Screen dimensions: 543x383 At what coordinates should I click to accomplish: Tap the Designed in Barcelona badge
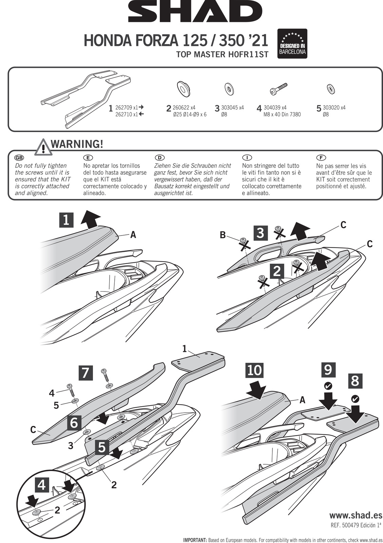click(292, 44)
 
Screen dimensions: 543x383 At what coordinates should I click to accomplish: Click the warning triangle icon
click(43, 147)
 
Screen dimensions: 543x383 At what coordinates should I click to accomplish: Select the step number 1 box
click(66, 220)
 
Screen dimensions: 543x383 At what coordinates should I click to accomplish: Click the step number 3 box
click(261, 233)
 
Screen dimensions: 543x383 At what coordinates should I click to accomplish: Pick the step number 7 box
click(85, 373)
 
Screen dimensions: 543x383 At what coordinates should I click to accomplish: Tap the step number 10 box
click(254, 370)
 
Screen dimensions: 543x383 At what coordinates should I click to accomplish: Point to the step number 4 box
click(41, 485)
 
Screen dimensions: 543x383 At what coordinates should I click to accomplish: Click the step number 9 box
click(328, 370)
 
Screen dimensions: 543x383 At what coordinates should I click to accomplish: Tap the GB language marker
click(19, 158)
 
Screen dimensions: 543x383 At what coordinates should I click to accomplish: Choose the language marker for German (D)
click(159, 158)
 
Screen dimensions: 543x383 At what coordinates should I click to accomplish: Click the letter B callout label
click(223, 235)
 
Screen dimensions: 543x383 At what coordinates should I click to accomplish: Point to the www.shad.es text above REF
click(356, 515)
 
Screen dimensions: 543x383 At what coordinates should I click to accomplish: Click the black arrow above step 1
click(90, 218)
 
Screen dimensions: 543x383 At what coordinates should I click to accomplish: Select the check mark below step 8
click(356, 399)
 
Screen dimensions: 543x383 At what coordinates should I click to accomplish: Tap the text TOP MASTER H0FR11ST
click(222, 55)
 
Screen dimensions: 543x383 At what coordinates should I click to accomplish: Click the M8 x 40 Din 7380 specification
click(282, 114)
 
